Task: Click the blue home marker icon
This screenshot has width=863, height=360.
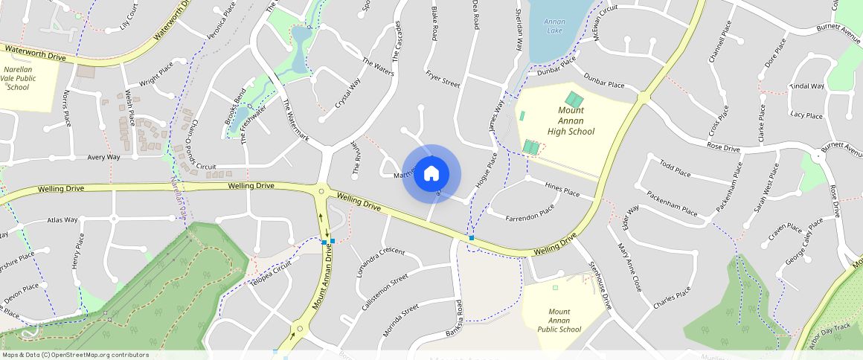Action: (431, 174)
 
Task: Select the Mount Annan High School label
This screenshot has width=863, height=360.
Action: (571, 120)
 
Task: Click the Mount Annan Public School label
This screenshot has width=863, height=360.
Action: (559, 321)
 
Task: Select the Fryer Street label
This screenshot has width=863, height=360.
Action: (443, 79)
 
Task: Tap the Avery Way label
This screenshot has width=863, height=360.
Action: (103, 157)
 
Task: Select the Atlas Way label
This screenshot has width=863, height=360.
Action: (62, 220)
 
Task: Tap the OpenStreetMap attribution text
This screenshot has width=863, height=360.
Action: (75, 355)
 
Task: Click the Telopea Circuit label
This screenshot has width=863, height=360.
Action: (272, 278)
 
